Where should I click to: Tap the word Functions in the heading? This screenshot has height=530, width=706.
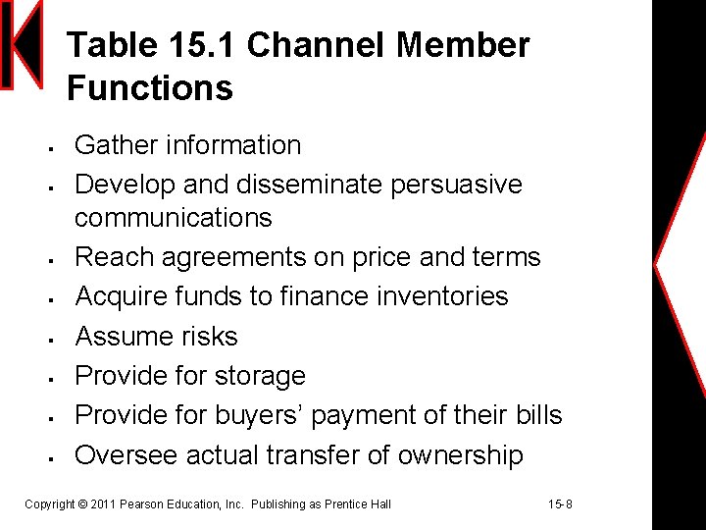coord(150,88)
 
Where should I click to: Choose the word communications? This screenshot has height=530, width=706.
coord(174,217)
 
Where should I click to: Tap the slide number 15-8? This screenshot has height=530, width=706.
coord(560,504)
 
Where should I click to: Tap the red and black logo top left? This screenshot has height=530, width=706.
coord(22,45)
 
